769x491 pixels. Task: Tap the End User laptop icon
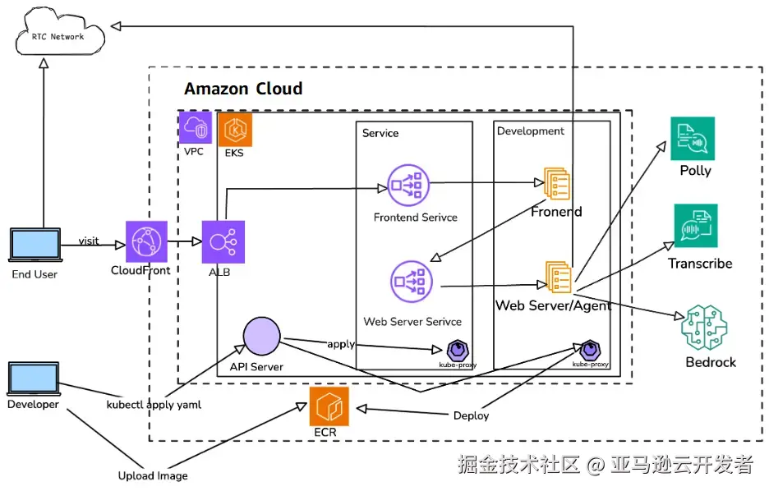[35, 246]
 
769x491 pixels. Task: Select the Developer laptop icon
[34, 379]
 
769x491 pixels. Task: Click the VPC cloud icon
[195, 128]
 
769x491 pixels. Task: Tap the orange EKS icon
[235, 130]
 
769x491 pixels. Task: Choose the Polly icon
[693, 139]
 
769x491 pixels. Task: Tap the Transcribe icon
[695, 226]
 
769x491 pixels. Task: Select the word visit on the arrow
[89, 241]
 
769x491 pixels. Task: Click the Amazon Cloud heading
[243, 89]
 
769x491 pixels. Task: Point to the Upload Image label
[153, 475]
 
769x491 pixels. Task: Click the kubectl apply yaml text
[154, 405]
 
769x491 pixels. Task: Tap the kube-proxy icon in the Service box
[457, 349]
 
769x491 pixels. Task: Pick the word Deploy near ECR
[471, 415]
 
